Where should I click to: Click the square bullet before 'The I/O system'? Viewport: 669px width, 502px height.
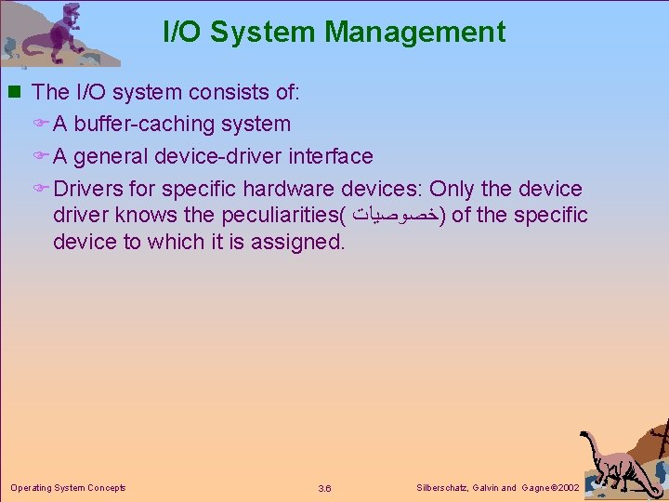(x=14, y=92)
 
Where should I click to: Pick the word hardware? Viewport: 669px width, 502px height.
(x=289, y=189)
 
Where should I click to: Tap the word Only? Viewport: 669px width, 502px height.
(x=452, y=189)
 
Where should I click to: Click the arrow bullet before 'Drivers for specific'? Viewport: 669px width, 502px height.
(x=43, y=190)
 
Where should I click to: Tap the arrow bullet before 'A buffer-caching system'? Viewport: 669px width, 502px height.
(x=43, y=125)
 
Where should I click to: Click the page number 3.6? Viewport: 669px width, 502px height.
(x=324, y=488)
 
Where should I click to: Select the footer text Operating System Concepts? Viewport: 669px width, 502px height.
(x=68, y=487)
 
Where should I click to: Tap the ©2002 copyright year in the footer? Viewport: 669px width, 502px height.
(x=564, y=487)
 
